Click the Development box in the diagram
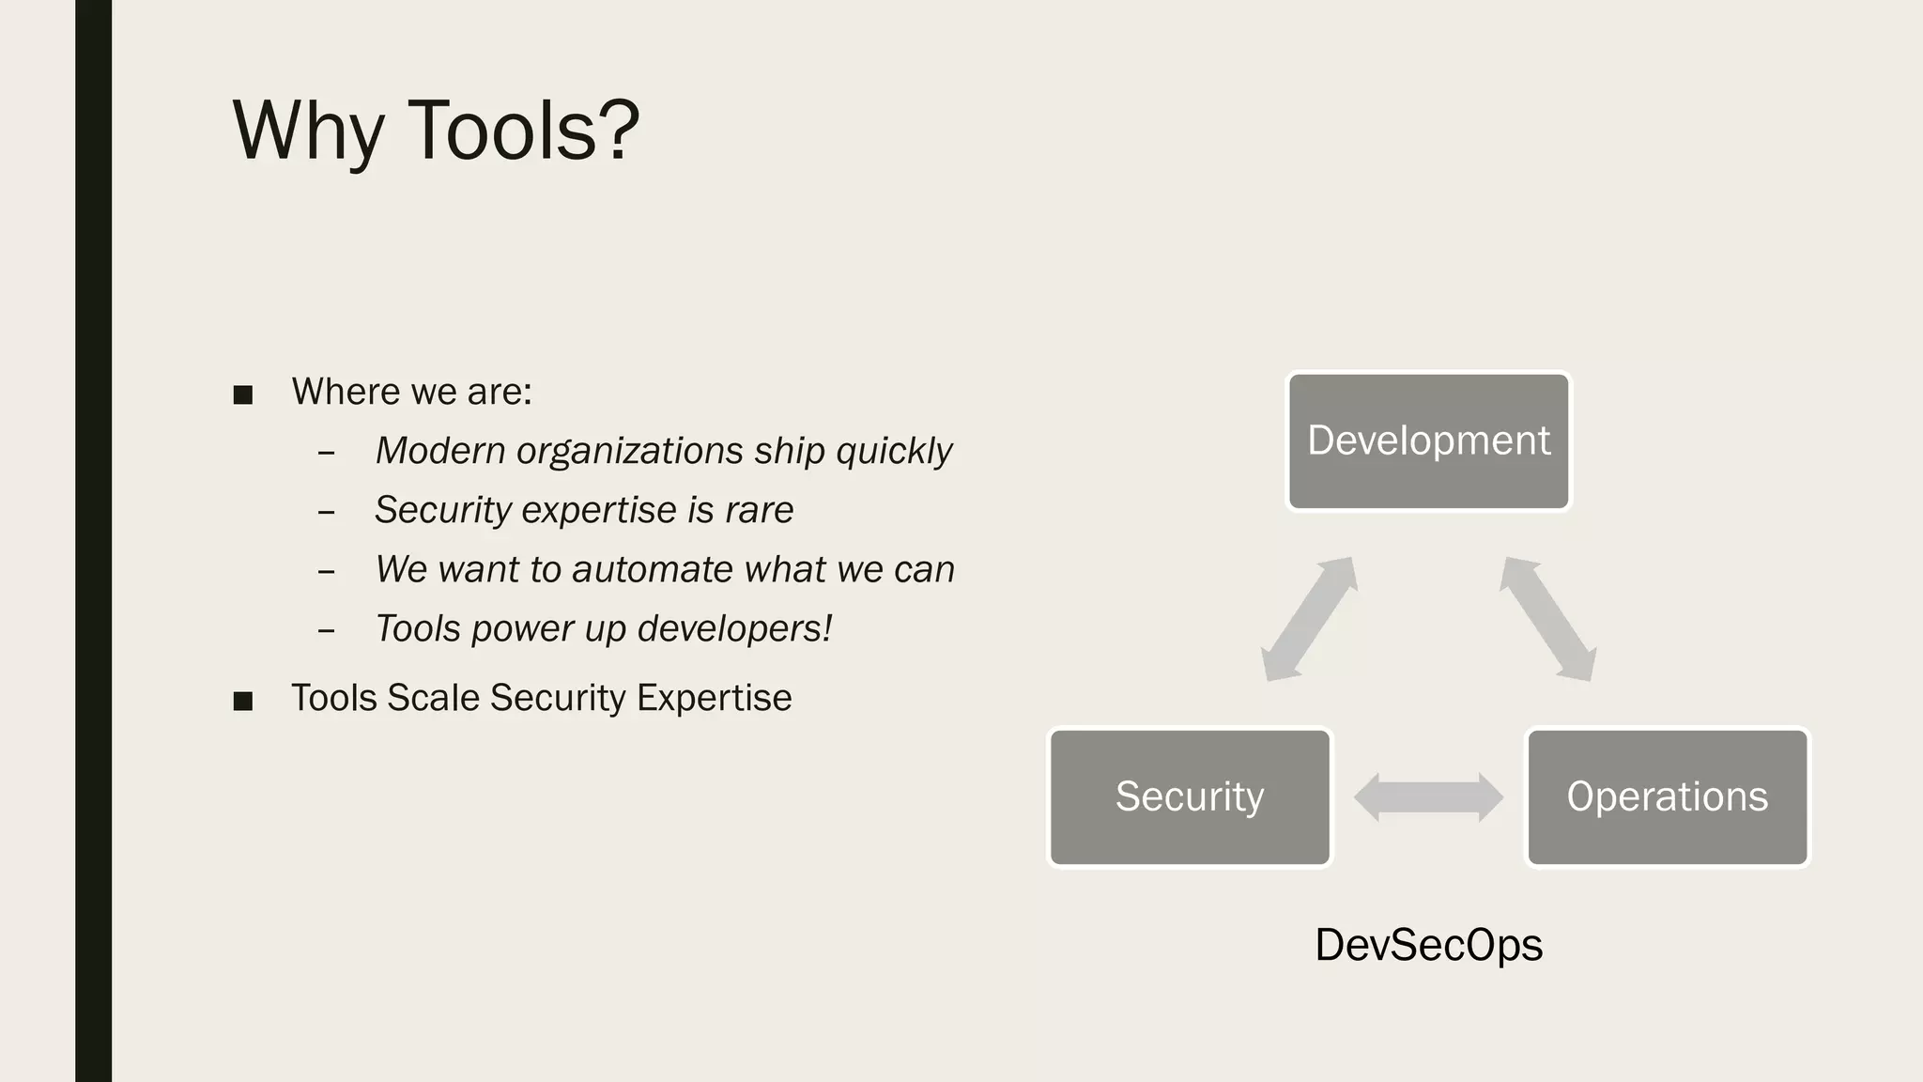1428,441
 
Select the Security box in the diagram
1190,796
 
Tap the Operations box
1667,796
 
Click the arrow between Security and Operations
1428,797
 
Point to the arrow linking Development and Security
1308,619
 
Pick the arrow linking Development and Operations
1547,619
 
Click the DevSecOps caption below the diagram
1428,945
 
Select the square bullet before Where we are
243,394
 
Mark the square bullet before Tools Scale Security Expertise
243,701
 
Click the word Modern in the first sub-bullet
440,451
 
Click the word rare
759,510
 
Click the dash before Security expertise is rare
326,512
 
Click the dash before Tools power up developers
326,630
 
